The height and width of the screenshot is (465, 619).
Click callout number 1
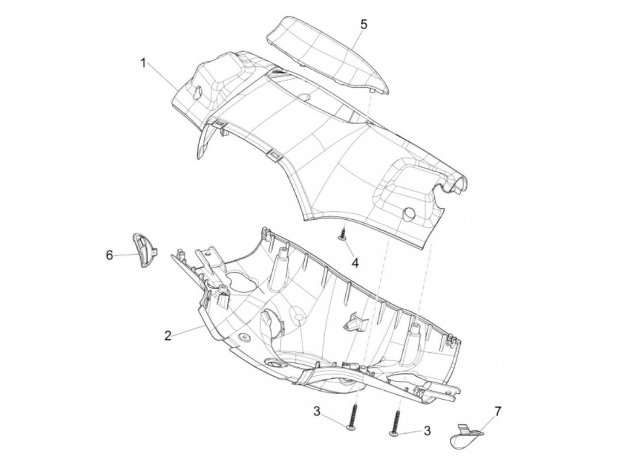(x=143, y=63)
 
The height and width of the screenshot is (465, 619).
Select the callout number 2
(x=168, y=335)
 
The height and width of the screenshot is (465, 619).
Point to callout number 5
(x=363, y=24)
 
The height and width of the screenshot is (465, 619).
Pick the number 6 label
(x=109, y=255)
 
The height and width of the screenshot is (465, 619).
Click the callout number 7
(x=498, y=412)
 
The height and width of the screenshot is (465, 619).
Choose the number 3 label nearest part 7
(x=427, y=431)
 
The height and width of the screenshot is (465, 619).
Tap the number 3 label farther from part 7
(x=317, y=412)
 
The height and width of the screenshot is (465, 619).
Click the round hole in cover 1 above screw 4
(x=409, y=213)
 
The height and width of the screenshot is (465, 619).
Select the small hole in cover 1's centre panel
(x=304, y=96)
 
